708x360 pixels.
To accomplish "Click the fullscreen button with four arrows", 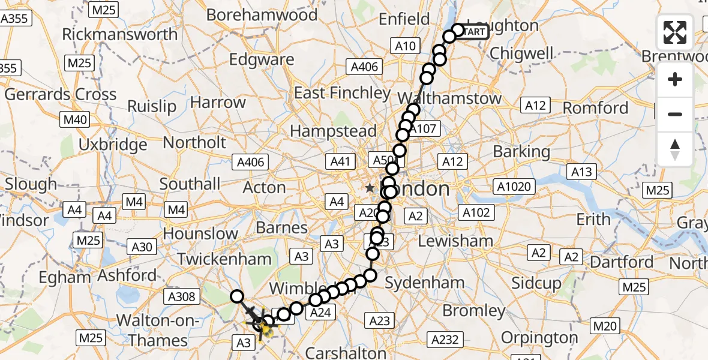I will pyautogui.click(x=675, y=32).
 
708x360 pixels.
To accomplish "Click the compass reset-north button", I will pyautogui.click(x=675, y=149).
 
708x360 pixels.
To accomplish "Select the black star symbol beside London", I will pyautogui.click(x=370, y=188).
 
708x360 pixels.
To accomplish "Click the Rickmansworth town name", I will pyautogui.click(x=120, y=34).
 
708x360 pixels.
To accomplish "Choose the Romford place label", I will pyautogui.click(x=596, y=108).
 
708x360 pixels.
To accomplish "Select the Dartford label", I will pyautogui.click(x=622, y=262).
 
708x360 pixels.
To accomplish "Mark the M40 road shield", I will pyautogui.click(x=74, y=120).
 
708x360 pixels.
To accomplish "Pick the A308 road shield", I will pyautogui.click(x=181, y=295).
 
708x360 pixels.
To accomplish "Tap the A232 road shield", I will pyautogui.click(x=445, y=340).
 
